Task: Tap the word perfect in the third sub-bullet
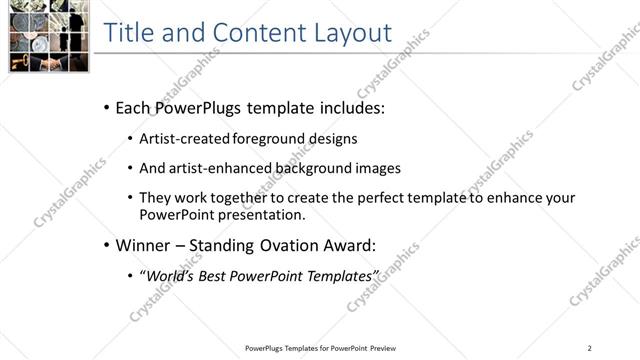tap(379, 198)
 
